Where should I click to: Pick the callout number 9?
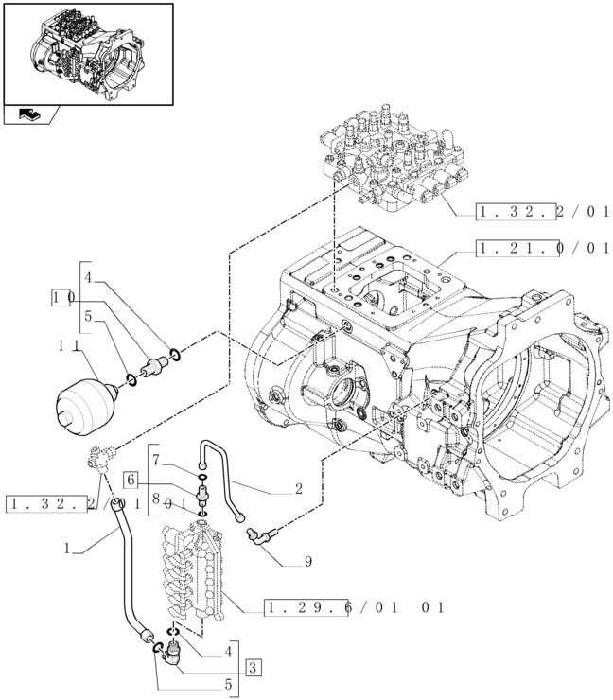307,562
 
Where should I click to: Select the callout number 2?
298,489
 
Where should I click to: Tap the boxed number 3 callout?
253,667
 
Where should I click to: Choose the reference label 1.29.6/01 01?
355,607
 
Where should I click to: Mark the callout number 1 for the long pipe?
67,548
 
